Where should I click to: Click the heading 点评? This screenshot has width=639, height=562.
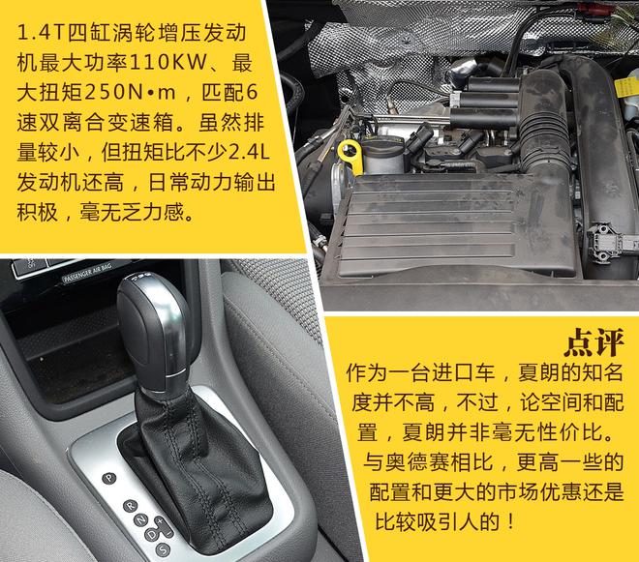(x=594, y=341)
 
